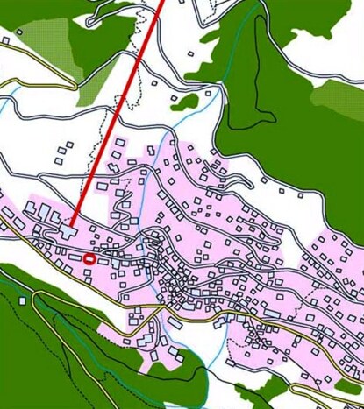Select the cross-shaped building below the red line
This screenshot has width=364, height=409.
[x=69, y=231]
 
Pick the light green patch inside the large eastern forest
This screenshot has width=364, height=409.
[x=338, y=96]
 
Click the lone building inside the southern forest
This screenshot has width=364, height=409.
[x=22, y=300]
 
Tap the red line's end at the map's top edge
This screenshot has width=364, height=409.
[x=162, y=3]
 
